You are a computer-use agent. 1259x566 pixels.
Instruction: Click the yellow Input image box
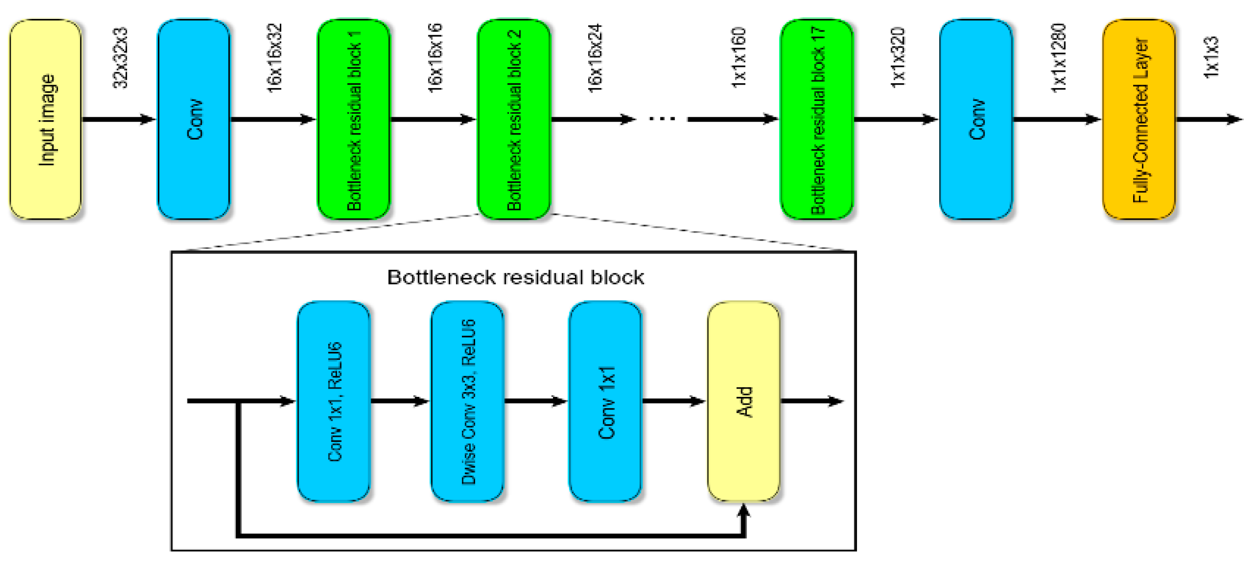pos(45,119)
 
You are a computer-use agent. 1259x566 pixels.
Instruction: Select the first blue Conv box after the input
pos(194,119)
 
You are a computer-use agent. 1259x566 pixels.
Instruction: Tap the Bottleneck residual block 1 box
pos(354,119)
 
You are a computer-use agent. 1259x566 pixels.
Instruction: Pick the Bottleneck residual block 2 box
pos(514,119)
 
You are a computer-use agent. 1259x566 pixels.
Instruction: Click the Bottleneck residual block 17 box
pos(817,119)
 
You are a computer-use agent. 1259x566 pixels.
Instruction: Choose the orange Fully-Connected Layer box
pos(1139,119)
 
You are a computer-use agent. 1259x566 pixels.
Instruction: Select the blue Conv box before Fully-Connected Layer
pos(976,119)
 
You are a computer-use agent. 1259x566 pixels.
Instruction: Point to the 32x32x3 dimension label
pos(120,58)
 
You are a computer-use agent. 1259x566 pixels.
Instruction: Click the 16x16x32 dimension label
pos(274,58)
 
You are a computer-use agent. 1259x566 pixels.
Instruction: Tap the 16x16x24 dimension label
pos(594,58)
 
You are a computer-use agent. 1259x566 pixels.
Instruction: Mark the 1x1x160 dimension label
pos(739,58)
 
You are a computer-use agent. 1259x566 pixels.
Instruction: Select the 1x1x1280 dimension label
pos(1058,58)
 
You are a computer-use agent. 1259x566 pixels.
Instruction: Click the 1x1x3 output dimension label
pos(1211,58)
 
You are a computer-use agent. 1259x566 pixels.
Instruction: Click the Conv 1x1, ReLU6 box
pos(334,401)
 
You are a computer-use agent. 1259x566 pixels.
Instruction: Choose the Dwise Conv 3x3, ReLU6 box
pos(467,401)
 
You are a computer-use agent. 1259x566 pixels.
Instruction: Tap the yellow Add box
pos(743,401)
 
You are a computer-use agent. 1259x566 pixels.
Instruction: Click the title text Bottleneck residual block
pos(515,277)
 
